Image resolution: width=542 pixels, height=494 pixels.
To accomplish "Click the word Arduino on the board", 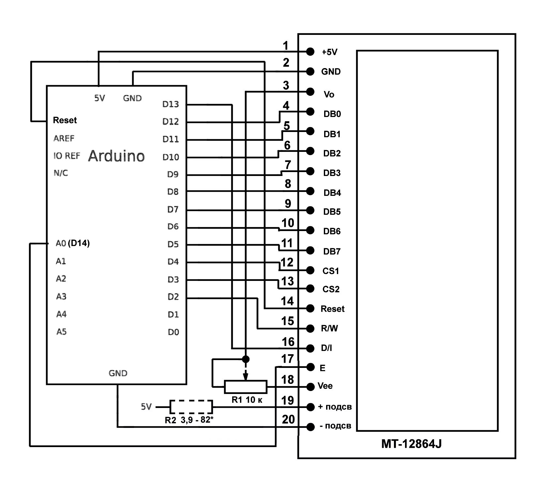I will (116, 156).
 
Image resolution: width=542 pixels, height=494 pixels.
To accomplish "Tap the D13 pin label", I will (171, 104).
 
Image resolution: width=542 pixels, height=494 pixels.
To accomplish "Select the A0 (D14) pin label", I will (72, 243).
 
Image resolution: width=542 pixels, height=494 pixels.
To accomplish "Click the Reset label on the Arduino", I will (65, 120).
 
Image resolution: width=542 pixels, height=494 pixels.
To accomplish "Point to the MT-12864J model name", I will (411, 444).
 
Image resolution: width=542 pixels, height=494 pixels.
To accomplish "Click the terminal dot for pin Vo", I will (310, 92).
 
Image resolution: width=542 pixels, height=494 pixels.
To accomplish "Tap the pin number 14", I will (287, 301).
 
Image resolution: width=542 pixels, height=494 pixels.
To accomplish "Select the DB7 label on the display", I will (332, 251).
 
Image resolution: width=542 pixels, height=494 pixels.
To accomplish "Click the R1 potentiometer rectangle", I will (246, 386).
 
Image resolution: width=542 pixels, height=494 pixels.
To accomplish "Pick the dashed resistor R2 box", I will (191, 407).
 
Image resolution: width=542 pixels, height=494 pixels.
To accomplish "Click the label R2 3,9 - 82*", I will (189, 420).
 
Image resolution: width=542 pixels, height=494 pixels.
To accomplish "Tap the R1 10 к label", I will (247, 400).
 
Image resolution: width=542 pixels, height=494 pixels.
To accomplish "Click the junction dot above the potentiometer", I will (246, 359).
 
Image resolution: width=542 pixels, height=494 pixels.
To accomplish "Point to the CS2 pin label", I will (331, 289).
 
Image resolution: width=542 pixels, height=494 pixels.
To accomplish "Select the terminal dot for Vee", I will (310, 386).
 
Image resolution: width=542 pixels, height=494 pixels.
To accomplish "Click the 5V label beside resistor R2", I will (146, 407).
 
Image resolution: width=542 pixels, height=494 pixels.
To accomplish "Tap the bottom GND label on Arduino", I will (118, 373).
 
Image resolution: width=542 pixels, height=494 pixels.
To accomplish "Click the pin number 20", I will (288, 419).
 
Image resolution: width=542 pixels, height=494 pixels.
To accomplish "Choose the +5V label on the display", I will (329, 52).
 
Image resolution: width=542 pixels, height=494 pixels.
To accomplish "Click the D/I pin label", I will (326, 348).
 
